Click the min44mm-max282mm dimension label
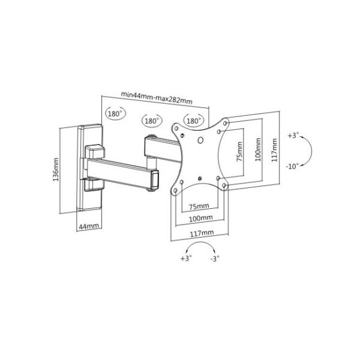pyautogui.click(x=157, y=98)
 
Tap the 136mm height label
pyautogui.click(x=56, y=169)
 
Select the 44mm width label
pyautogui.click(x=89, y=226)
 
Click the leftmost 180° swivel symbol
pyautogui.click(x=115, y=113)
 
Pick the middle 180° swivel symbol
pyautogui.click(x=152, y=121)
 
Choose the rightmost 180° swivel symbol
pyautogui.click(x=194, y=121)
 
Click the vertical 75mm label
pyautogui.click(x=239, y=152)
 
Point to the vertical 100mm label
pyautogui.click(x=258, y=149)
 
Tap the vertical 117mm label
pyautogui.click(x=275, y=150)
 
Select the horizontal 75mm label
pyautogui.click(x=199, y=206)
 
